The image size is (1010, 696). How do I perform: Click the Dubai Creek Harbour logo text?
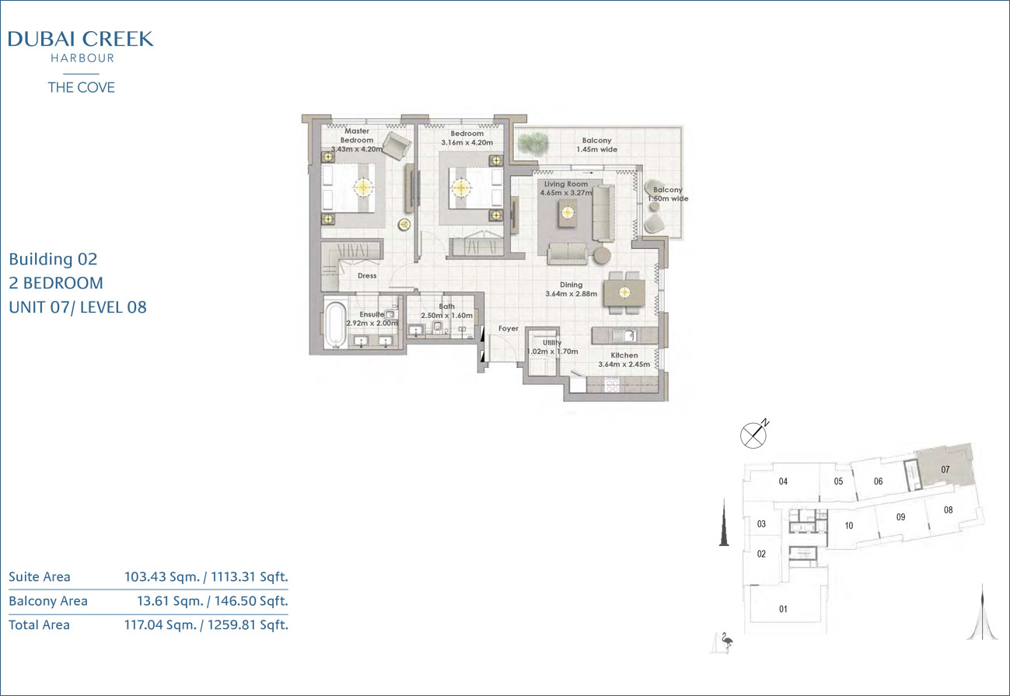tap(81, 46)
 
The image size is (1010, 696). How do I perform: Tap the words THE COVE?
tap(81, 87)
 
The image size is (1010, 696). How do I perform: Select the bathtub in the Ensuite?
tap(335, 324)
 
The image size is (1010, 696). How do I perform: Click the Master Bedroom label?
tap(357, 135)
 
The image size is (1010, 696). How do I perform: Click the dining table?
tap(624, 292)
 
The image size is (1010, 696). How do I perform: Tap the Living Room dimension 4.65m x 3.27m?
tap(566, 193)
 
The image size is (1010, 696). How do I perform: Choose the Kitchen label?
tap(624, 355)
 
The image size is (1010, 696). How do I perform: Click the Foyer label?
tap(508, 328)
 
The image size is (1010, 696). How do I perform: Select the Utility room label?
tap(552, 342)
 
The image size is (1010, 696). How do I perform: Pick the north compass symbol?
tap(754, 435)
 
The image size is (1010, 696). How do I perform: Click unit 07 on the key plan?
tap(945, 469)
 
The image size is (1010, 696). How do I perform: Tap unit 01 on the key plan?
tap(783, 609)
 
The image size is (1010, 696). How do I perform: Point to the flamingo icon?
tap(726, 642)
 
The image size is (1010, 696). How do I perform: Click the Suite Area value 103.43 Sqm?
tap(162, 577)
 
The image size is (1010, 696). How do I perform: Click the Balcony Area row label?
tap(48, 601)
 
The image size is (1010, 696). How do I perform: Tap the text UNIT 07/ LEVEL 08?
tap(78, 307)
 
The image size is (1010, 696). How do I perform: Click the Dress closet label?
tap(367, 275)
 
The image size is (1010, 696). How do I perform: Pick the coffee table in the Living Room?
tap(568, 212)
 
